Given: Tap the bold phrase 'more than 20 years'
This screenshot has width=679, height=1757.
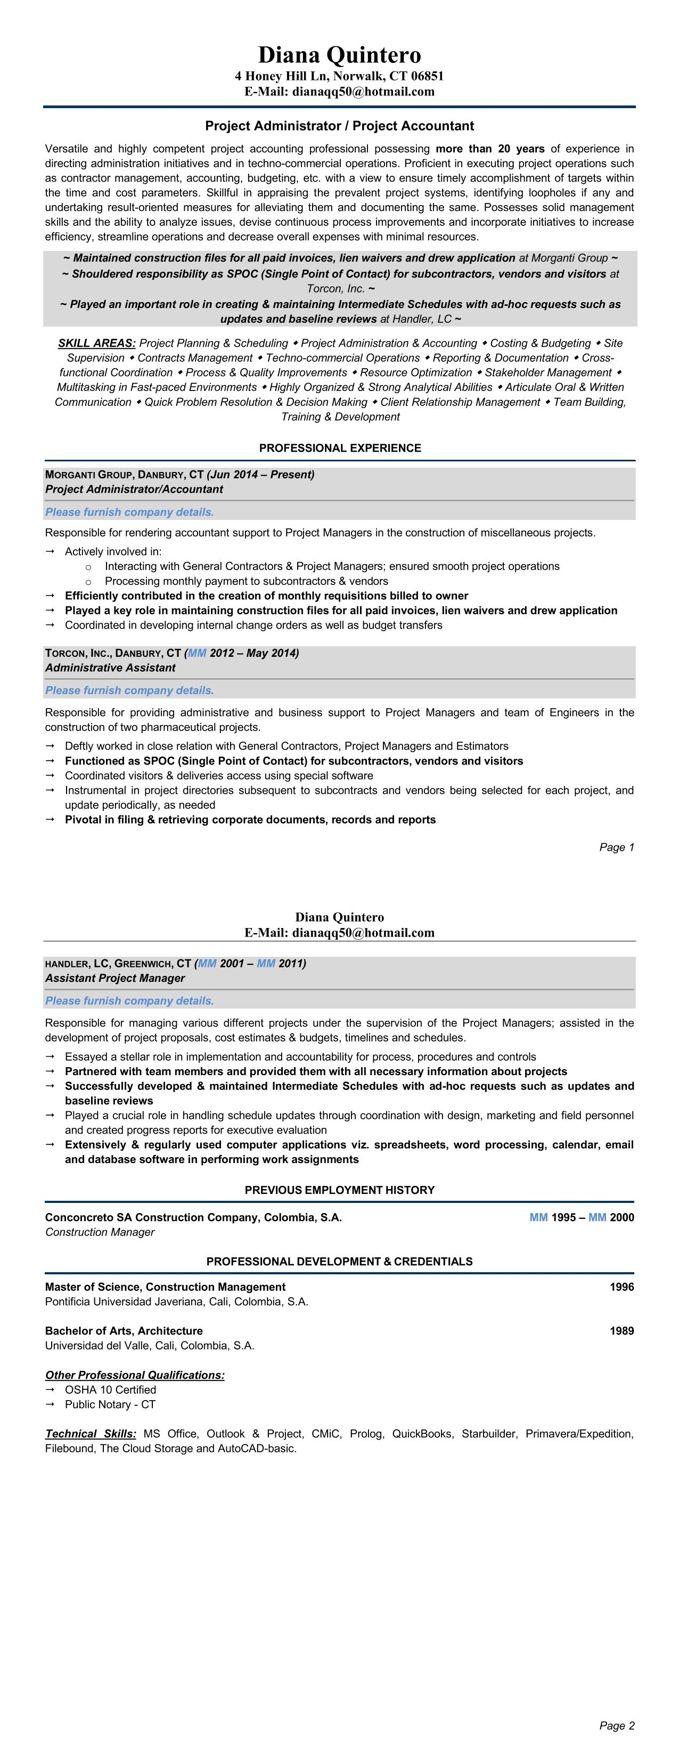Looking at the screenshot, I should [x=489, y=149].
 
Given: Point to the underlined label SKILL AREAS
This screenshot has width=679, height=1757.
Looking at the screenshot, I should [x=97, y=343].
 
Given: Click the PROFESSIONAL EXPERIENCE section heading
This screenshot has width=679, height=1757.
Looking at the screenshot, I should [x=340, y=448].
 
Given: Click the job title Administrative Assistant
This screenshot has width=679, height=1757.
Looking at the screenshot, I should [x=110, y=668].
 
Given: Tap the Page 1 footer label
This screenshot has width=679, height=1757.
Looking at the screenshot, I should [x=616, y=847].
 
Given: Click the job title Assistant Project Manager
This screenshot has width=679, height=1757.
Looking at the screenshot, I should [x=114, y=978].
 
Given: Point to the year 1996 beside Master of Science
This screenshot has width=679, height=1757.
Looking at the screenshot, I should [x=621, y=1287].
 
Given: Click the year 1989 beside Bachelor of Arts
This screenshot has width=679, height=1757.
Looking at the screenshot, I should [x=621, y=1330].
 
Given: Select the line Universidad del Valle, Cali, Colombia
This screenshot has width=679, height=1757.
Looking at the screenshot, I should [x=149, y=1345].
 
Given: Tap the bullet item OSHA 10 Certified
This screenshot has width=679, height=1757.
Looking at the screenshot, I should [x=110, y=1389].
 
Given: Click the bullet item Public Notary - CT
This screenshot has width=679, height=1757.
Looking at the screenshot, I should [x=110, y=1404].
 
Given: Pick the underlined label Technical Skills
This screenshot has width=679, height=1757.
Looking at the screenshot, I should [x=91, y=1434].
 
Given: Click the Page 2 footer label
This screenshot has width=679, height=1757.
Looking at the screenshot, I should [x=616, y=1726].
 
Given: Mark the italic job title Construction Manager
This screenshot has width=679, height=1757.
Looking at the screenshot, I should [x=100, y=1232].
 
